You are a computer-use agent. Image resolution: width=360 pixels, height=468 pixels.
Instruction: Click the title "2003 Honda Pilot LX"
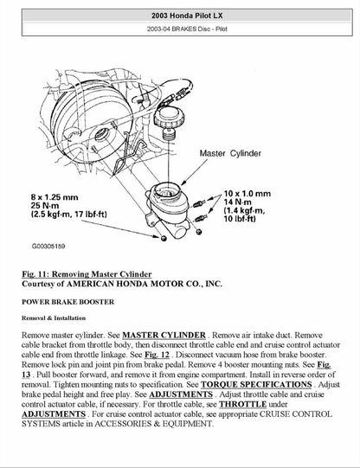180,16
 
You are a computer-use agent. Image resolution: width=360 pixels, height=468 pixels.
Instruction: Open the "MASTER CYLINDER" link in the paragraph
164,334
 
